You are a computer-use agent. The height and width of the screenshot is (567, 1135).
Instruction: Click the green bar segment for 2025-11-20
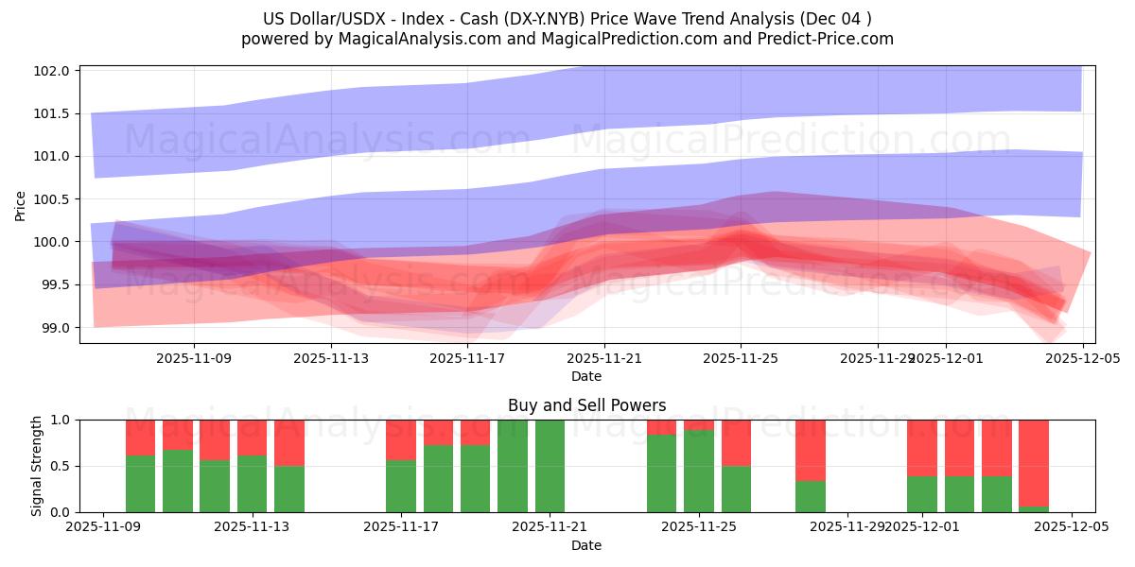[513, 466]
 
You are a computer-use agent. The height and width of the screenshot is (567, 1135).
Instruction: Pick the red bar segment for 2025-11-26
[736, 442]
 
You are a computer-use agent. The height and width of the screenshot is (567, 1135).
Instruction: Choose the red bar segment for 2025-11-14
[289, 442]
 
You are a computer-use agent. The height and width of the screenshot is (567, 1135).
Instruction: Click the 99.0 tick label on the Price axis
[56, 328]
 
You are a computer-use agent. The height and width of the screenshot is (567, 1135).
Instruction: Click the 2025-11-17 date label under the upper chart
[467, 358]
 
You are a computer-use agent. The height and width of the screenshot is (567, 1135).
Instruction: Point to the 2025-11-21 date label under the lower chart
[550, 527]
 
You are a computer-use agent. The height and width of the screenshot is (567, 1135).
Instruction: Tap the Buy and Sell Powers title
[586, 405]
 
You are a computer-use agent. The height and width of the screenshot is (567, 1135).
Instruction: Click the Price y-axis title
[21, 205]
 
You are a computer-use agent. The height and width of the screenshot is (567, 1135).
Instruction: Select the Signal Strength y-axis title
[36, 466]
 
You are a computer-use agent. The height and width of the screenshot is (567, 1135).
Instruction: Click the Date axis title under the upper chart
[586, 376]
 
